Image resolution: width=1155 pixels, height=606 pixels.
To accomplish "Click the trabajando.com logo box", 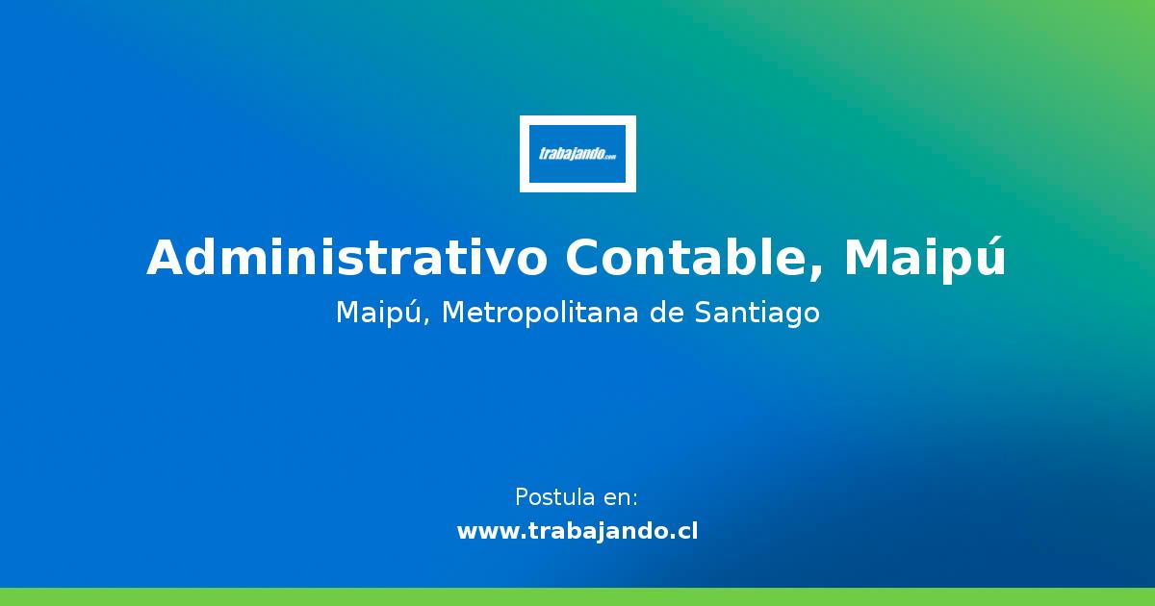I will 577,154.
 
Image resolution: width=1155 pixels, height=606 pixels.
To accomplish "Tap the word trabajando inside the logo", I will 571,154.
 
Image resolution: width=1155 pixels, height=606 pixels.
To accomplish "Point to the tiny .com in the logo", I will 609,157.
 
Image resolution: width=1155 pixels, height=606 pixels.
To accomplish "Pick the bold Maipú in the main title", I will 925,258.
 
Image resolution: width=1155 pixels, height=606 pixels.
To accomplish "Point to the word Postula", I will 554,497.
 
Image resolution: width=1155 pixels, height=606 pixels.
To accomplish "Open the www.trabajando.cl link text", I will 577,531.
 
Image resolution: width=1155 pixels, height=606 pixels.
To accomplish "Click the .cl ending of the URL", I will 685,531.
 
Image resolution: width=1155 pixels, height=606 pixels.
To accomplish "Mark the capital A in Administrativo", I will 165,258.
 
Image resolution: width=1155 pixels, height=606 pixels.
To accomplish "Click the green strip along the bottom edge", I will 577,596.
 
